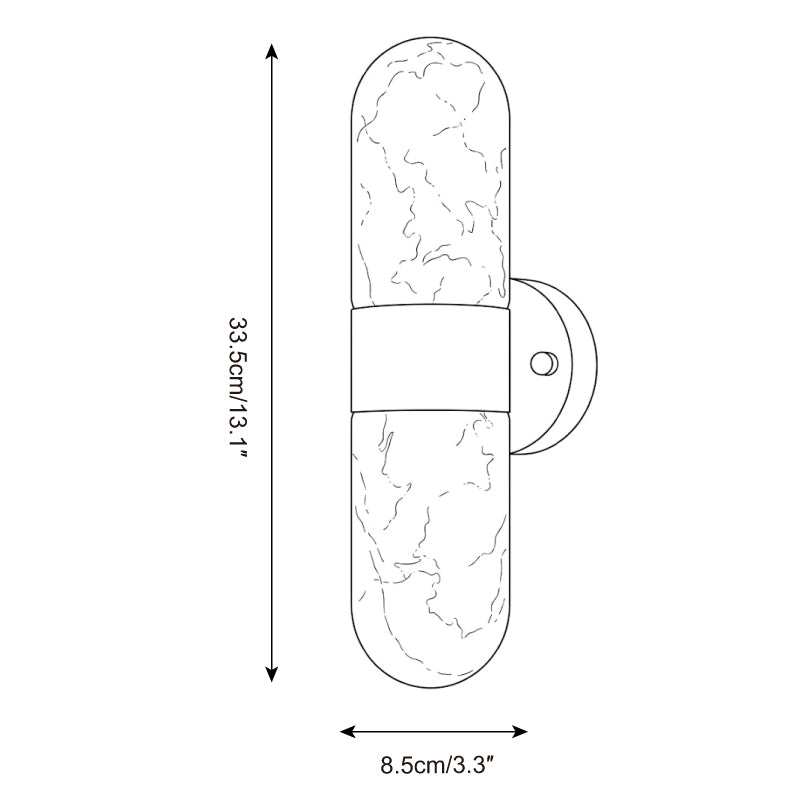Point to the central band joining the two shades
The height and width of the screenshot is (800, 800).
(x=431, y=359)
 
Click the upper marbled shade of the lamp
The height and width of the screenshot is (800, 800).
(x=431, y=173)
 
